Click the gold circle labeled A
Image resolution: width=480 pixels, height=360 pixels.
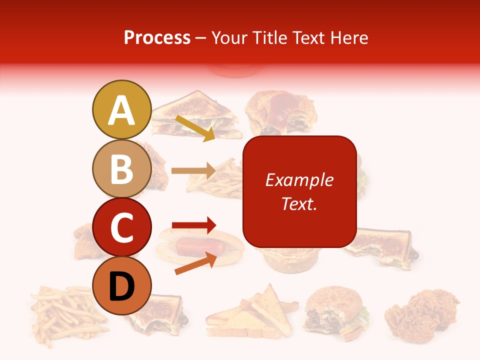click(121, 109)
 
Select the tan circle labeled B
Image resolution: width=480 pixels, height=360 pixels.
click(121, 168)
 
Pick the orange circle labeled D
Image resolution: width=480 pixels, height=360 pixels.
click(121, 285)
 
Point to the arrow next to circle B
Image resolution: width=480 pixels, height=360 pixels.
click(193, 170)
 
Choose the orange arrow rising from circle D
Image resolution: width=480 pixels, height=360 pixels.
click(195, 263)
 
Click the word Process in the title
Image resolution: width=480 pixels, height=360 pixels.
click(157, 37)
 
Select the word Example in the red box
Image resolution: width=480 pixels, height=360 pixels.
click(299, 180)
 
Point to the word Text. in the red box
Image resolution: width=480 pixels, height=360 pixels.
click(299, 203)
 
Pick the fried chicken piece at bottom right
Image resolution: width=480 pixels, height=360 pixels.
click(421, 312)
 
